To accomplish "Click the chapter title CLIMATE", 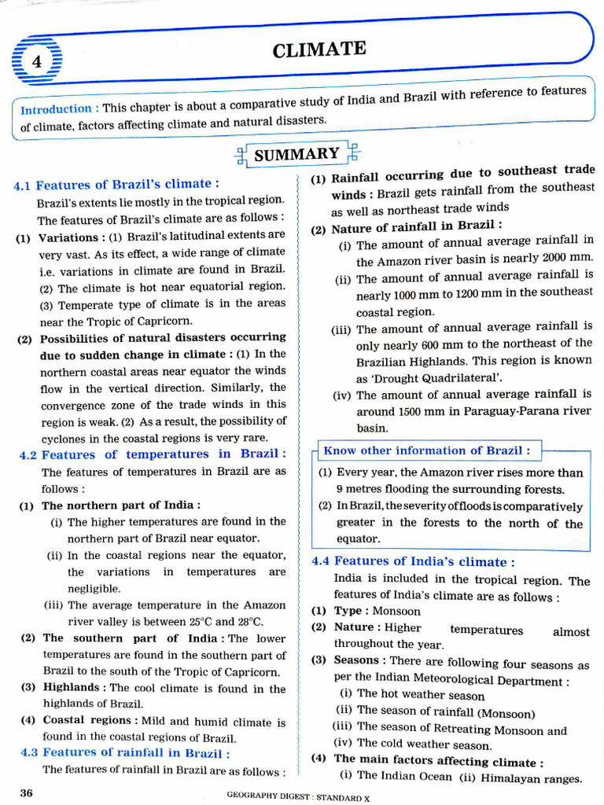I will (319, 50).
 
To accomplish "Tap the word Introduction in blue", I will (55, 109).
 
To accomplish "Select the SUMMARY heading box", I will (297, 154).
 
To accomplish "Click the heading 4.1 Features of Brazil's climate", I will (116, 185).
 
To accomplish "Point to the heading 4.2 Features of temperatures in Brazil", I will (153, 454).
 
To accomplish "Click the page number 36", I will (26, 792).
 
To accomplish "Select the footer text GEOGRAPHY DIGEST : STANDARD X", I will (298, 796).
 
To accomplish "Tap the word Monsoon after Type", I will (396, 611).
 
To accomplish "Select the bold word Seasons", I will (359, 660).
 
